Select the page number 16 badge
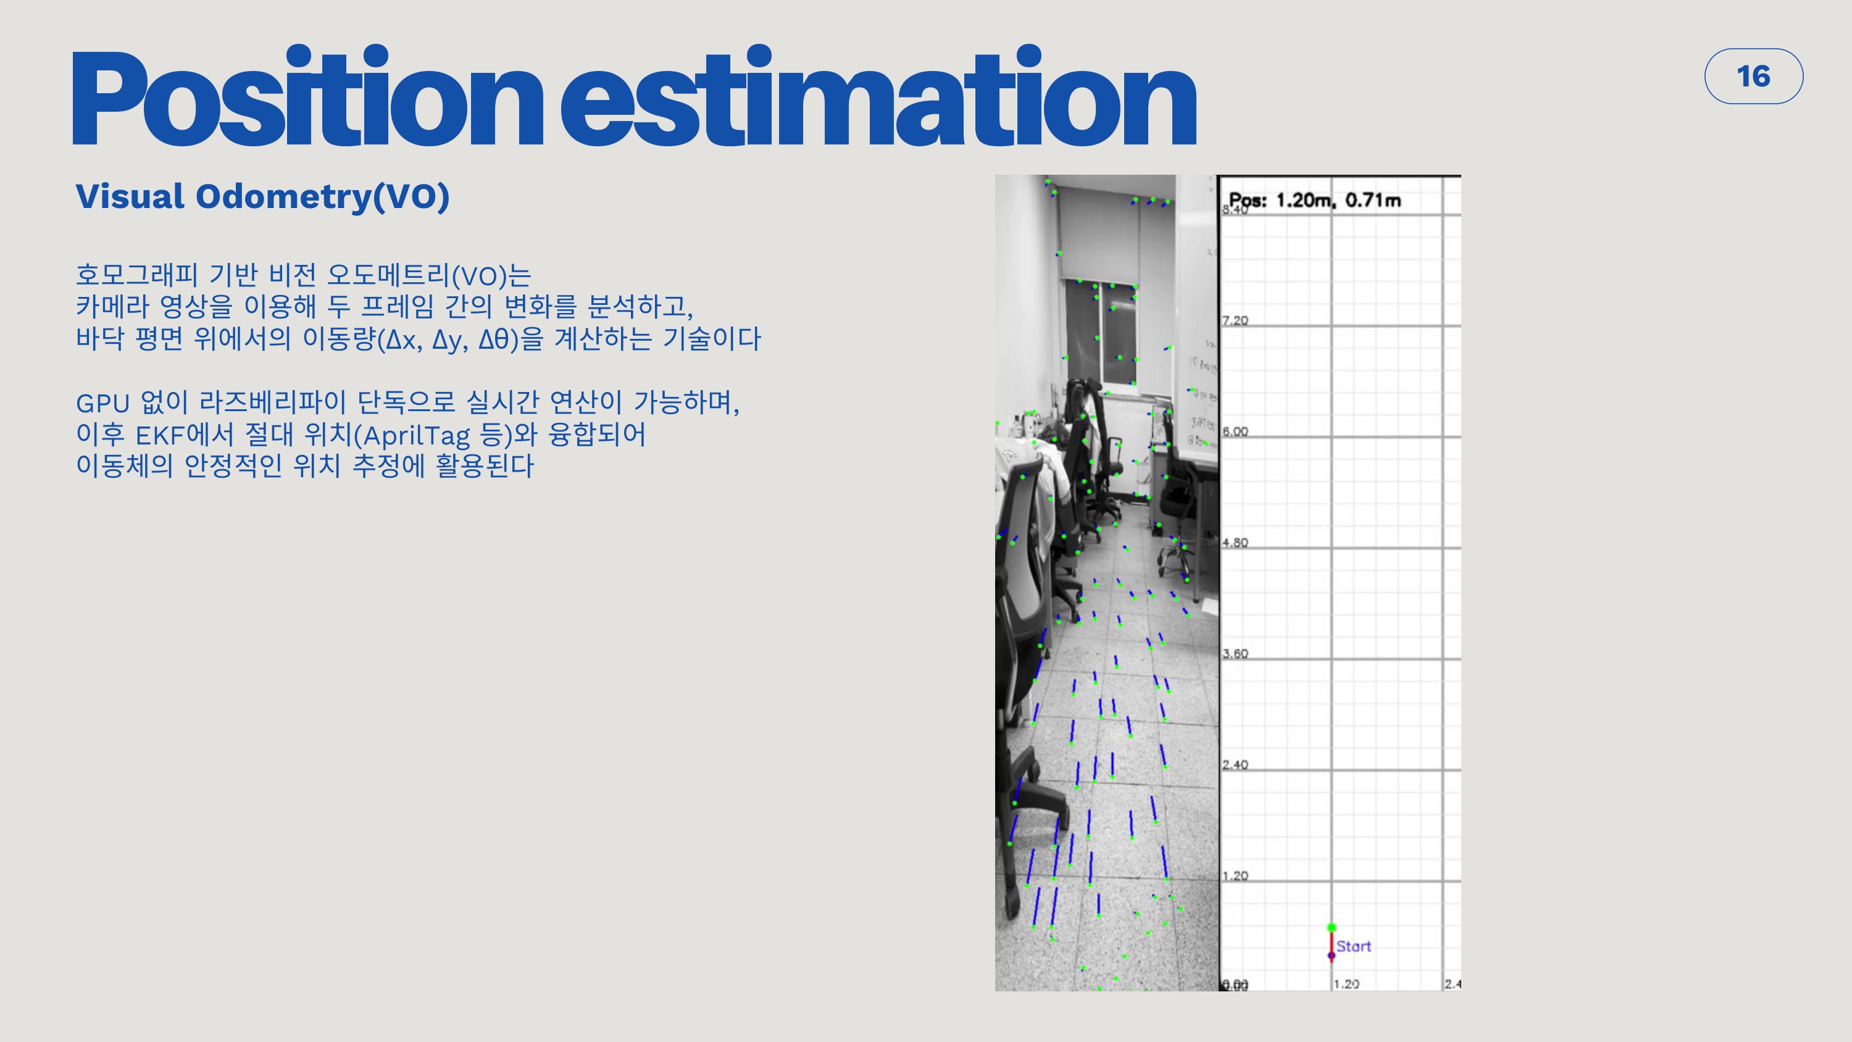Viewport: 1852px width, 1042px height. tap(1753, 76)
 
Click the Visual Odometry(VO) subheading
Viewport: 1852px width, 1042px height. tap(262, 196)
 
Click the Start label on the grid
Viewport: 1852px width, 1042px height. tap(1353, 946)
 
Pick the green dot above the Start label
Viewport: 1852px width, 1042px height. tap(1332, 928)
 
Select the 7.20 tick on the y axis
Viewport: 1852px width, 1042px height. tap(1235, 321)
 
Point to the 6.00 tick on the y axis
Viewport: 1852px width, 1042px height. tap(1235, 431)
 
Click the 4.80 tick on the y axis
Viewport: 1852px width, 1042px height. tap(1235, 543)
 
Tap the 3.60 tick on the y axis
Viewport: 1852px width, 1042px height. tap(1235, 654)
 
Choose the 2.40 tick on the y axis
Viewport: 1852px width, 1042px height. tap(1235, 764)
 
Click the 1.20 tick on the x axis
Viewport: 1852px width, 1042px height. tap(1346, 984)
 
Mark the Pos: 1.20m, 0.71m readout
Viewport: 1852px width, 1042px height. tap(1314, 200)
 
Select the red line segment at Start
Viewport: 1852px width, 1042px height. tap(1332, 943)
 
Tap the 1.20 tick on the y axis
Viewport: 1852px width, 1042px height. tap(1235, 876)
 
